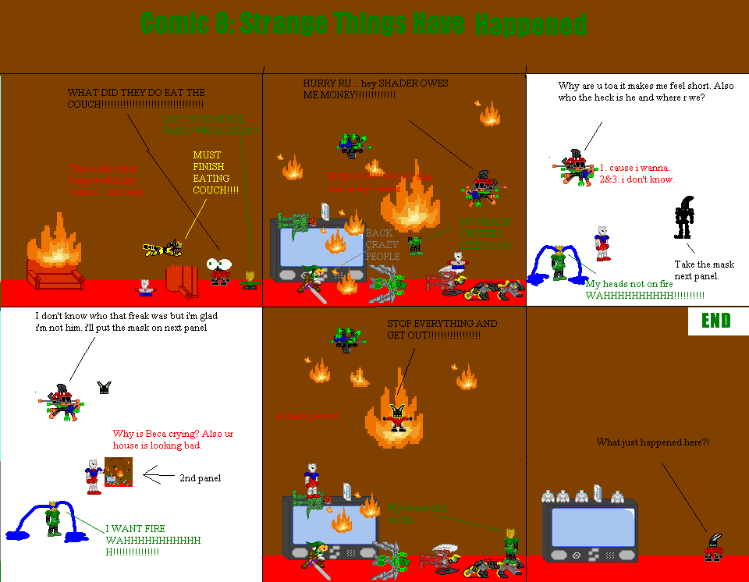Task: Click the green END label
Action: point(715,321)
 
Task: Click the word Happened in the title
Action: point(530,26)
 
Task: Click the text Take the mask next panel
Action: point(704,270)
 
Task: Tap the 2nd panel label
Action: point(200,477)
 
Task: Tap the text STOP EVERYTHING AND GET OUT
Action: point(442,328)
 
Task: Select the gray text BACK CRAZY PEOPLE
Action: point(382,244)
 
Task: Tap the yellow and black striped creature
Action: point(165,249)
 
